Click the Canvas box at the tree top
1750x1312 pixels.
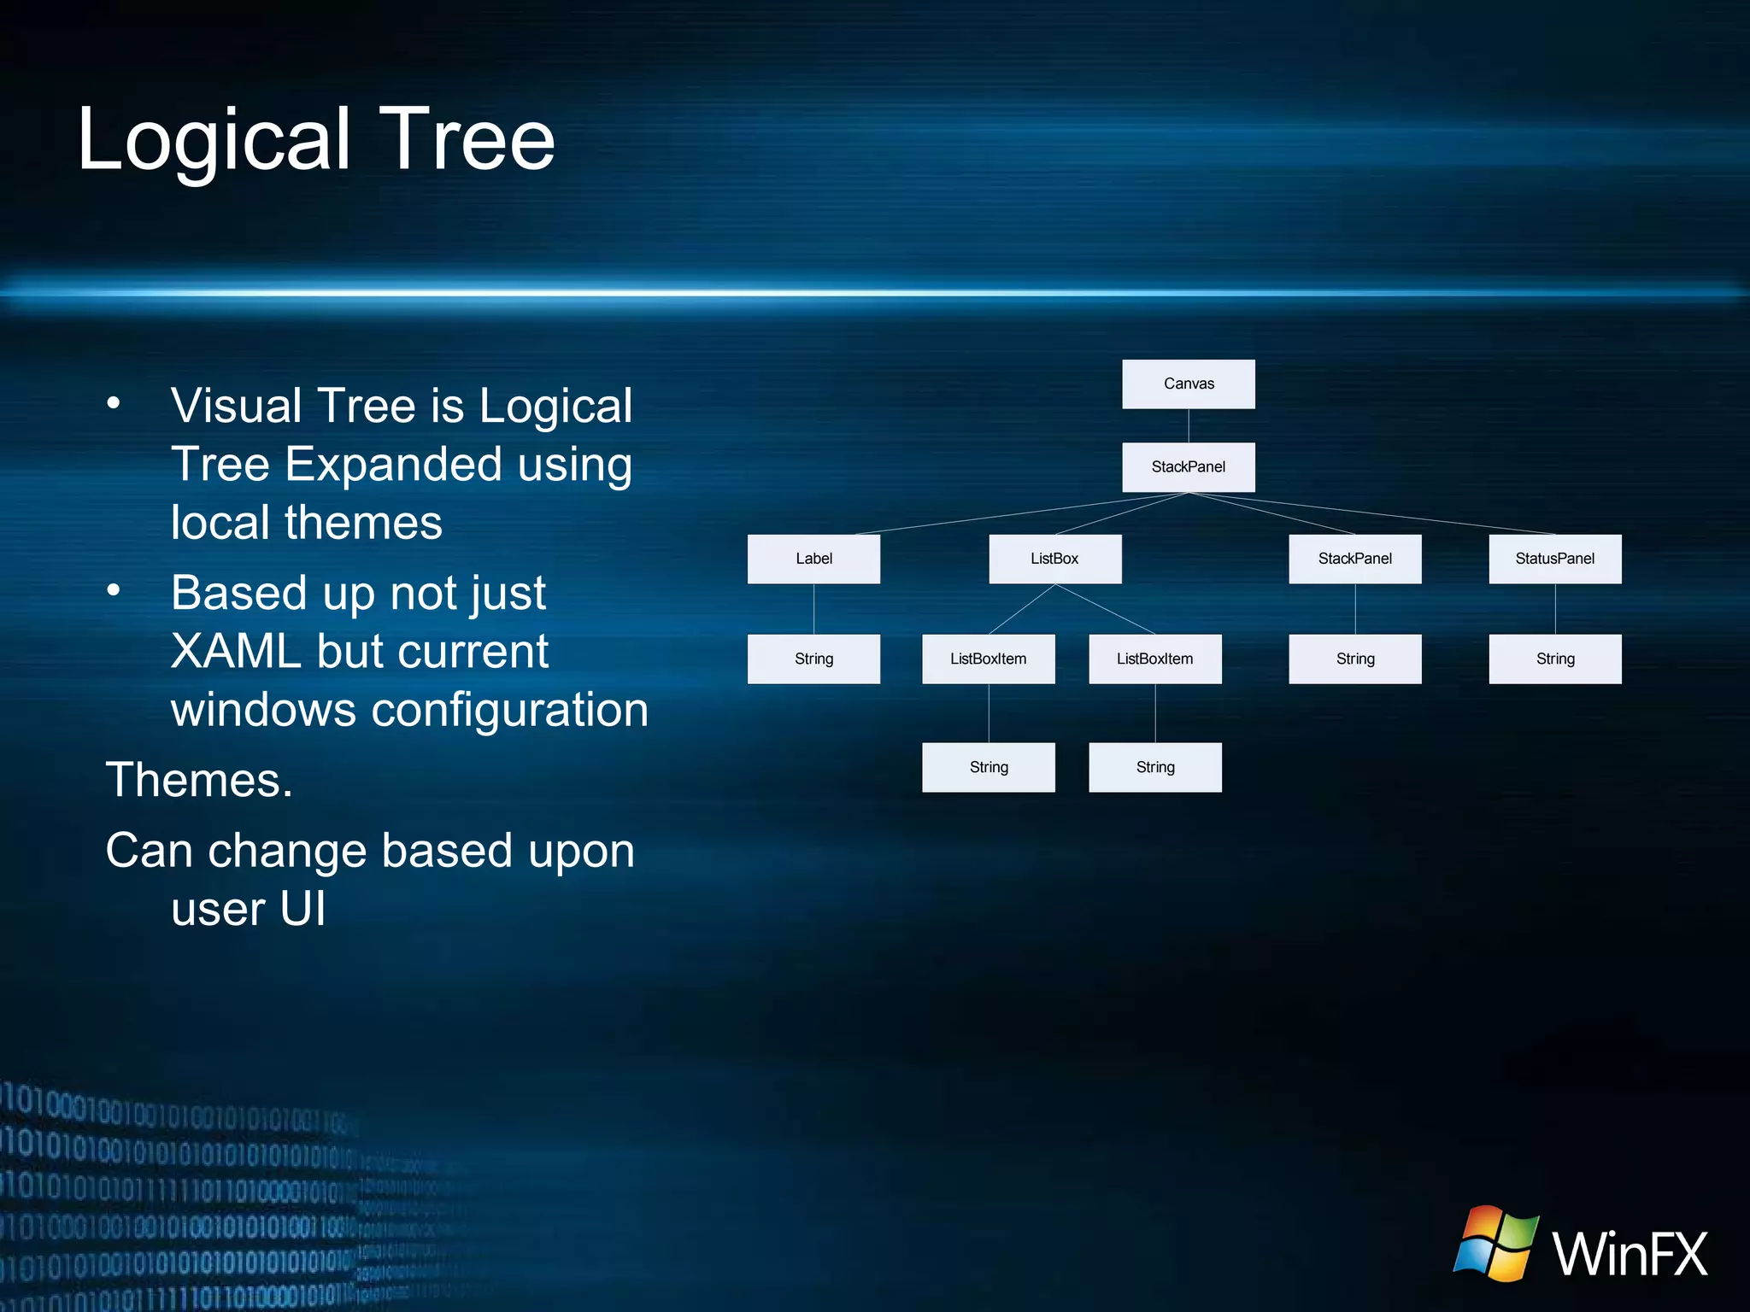(1188, 384)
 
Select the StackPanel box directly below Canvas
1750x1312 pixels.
(1188, 466)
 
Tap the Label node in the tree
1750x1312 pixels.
(813, 559)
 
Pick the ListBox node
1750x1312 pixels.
(1054, 559)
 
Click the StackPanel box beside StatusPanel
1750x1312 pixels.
(1354, 559)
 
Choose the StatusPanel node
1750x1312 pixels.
(1554, 559)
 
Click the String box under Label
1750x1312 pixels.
(813, 659)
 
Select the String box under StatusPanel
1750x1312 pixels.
(1554, 659)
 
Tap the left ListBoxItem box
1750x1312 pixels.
(988, 659)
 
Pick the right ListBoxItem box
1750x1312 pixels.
(1154, 659)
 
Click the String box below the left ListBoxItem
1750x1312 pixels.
(988, 767)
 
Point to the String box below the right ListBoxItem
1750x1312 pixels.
(1154, 767)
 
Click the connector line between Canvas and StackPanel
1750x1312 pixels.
(1189, 425)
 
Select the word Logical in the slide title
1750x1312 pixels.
(214, 141)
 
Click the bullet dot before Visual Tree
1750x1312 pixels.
(114, 403)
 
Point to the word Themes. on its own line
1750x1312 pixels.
(199, 780)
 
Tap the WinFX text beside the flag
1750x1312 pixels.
(1629, 1254)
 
